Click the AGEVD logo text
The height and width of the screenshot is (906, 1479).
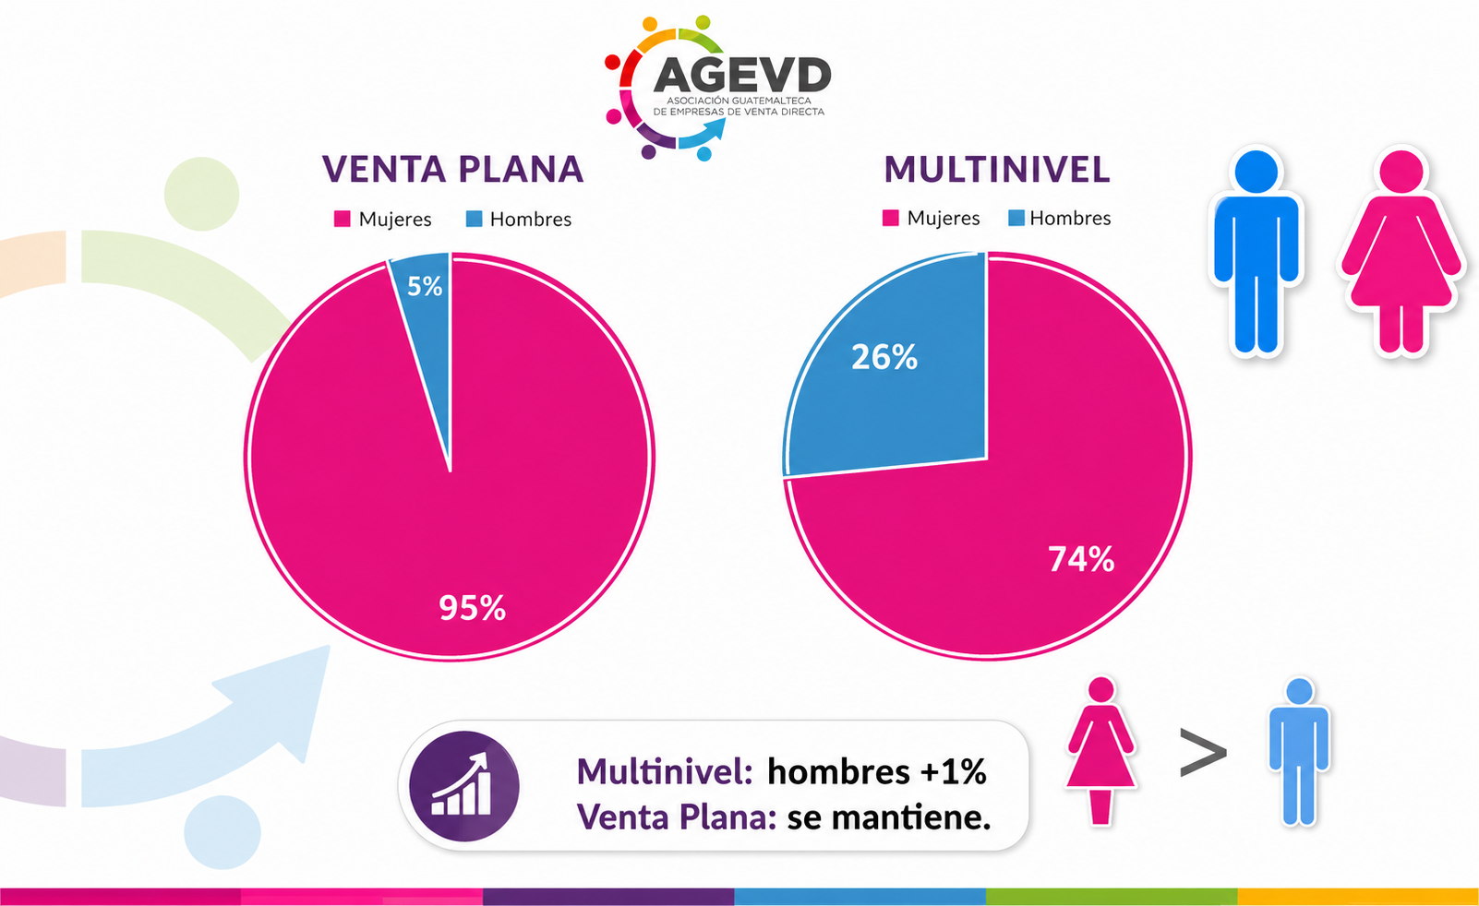tap(742, 76)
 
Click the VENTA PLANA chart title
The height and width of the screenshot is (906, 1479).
tap(453, 169)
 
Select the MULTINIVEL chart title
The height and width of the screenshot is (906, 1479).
tap(997, 170)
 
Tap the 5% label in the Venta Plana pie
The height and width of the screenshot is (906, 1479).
tap(425, 286)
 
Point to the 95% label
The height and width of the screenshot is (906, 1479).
tap(472, 608)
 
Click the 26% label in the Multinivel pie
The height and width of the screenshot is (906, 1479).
tap(884, 357)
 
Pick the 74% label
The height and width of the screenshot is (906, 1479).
tap(1081, 559)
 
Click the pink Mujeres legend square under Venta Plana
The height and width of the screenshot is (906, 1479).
tap(342, 219)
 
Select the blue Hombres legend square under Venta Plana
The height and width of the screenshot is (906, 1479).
tap(474, 219)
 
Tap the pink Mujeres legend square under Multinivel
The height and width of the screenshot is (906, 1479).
tap(890, 218)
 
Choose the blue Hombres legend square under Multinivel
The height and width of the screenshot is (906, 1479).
tap(1016, 218)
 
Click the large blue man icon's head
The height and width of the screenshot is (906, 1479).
tap(1256, 172)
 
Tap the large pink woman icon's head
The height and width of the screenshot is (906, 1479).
tap(1401, 172)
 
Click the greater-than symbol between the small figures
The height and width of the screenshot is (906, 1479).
tap(1203, 752)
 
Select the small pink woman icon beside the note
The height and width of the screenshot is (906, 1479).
tap(1100, 751)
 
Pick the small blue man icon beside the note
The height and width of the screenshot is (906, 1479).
tap(1299, 752)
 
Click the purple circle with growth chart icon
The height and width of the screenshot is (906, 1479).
tap(464, 786)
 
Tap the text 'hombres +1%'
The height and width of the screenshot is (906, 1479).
tap(877, 771)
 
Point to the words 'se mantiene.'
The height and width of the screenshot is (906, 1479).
tap(889, 817)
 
